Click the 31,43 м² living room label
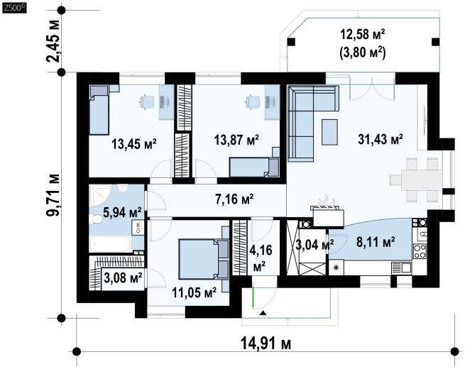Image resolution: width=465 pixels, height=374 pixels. click(x=381, y=138)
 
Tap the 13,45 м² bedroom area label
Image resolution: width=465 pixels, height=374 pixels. click(x=134, y=144)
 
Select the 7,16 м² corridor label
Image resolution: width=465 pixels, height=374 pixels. click(x=234, y=199)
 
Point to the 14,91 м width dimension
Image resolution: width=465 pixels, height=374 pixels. click(x=266, y=343)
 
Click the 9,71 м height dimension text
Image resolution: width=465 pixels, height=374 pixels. click(x=53, y=195)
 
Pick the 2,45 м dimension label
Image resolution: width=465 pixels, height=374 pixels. click(x=53, y=41)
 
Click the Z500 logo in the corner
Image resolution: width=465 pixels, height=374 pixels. click(x=14, y=8)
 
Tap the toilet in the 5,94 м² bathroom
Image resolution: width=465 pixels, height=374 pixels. click(x=96, y=219)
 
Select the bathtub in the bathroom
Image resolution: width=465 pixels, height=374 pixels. click(x=110, y=244)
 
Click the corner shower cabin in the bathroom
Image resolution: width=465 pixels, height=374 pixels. click(x=100, y=194)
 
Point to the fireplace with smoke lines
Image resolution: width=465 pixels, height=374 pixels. click(x=329, y=212)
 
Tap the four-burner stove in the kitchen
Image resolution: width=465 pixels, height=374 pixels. click(x=420, y=251)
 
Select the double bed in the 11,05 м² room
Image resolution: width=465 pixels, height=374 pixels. click(x=204, y=259)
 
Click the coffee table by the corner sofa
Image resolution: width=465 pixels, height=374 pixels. click(x=329, y=132)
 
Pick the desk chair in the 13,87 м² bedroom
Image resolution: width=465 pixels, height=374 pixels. click(x=251, y=101)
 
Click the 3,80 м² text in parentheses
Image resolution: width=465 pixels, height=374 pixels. click(x=362, y=54)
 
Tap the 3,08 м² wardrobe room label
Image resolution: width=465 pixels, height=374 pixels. click(x=123, y=278)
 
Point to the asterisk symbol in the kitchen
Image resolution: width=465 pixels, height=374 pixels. click(x=336, y=268)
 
